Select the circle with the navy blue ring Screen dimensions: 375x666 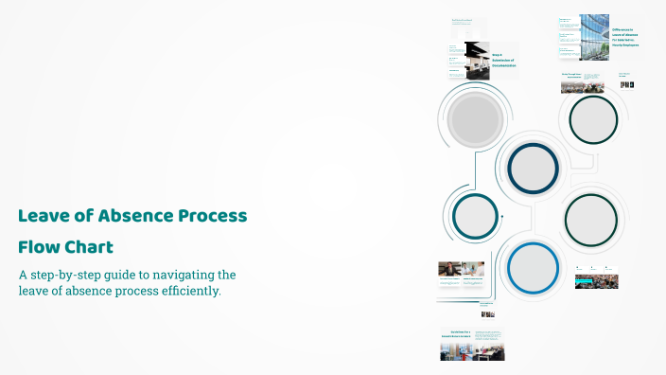pyautogui.click(x=535, y=168)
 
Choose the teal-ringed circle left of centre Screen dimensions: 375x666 pyautogui.click(x=475, y=216)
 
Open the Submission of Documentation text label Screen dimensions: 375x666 pyautogui.click(x=503, y=62)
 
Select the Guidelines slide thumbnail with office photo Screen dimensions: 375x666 pyautogui.click(x=471, y=345)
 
